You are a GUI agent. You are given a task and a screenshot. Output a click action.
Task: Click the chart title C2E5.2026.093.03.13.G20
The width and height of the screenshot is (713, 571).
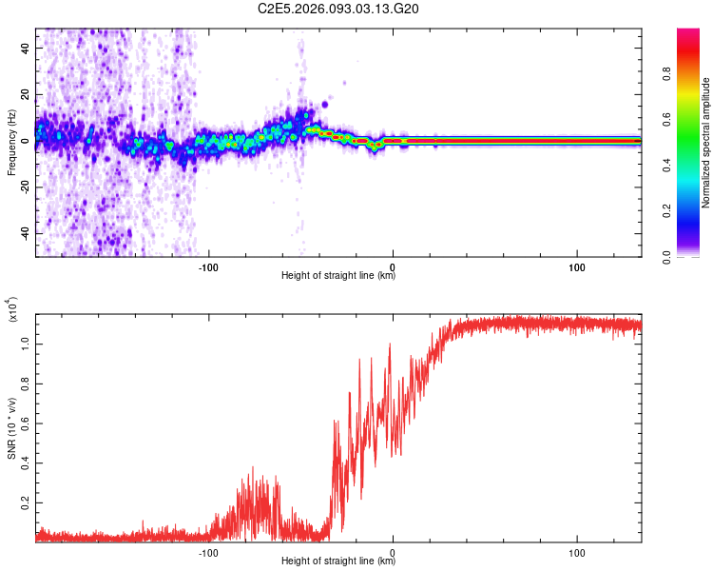339,10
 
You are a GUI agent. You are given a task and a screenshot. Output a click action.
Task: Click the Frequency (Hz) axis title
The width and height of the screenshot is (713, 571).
11,143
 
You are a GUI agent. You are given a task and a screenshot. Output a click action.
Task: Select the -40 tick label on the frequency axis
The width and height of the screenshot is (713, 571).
26,233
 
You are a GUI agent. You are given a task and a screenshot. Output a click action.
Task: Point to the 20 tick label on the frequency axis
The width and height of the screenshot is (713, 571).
26,94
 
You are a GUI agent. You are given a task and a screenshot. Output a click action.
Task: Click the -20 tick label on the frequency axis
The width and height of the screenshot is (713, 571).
26,187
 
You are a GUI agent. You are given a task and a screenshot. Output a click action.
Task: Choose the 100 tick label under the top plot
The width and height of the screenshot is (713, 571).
576,266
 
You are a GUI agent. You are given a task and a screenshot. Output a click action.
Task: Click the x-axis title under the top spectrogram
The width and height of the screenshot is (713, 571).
338,276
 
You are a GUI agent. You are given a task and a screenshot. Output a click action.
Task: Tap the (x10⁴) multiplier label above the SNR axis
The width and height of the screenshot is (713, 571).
11,309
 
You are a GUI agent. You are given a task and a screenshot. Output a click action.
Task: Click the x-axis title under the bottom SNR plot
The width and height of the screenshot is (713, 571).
338,561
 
